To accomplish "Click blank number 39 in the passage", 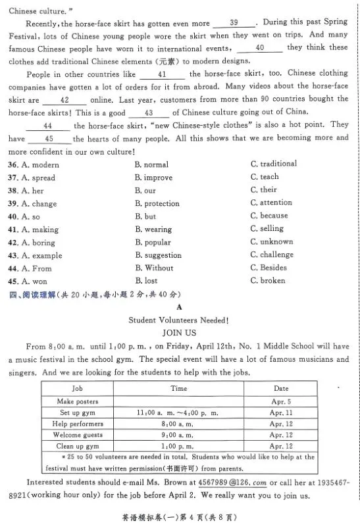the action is (234, 22).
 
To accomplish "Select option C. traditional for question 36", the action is (273, 164).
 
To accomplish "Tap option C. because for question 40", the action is (269, 216).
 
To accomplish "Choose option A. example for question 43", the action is (41, 255).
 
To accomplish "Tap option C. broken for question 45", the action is (267, 281).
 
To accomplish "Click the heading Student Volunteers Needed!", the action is (178, 320).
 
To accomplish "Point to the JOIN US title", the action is (179, 333).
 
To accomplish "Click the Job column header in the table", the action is (78, 389).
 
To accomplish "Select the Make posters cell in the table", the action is (78, 401).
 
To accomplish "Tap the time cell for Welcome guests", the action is (178, 435).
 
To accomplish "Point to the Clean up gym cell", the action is (78, 446).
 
